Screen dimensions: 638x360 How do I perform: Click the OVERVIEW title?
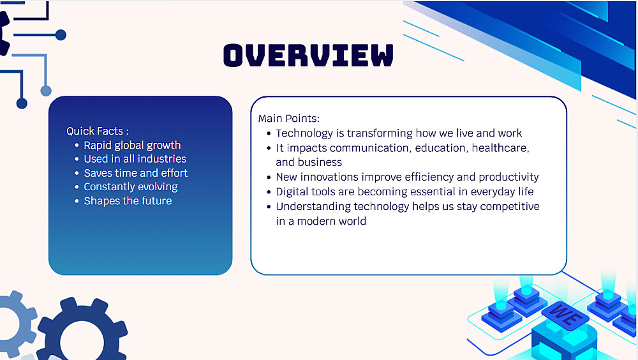tap(308, 55)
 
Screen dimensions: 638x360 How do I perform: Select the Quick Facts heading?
tap(98, 131)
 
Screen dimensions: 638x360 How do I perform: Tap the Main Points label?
tap(289, 119)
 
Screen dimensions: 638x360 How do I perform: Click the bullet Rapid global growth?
tap(132, 146)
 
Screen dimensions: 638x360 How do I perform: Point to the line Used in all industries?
tap(135, 159)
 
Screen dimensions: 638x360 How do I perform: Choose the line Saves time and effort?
tap(135, 173)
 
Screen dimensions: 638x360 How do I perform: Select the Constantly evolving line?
tap(131, 187)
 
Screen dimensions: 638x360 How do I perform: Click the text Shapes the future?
tap(128, 201)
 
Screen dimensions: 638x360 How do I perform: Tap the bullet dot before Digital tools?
tap(269, 192)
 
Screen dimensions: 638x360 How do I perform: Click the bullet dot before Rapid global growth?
tap(77, 146)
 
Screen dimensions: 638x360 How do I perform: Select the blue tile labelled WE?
tap(565, 315)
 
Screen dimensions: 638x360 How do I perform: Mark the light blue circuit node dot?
tap(46, 91)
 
